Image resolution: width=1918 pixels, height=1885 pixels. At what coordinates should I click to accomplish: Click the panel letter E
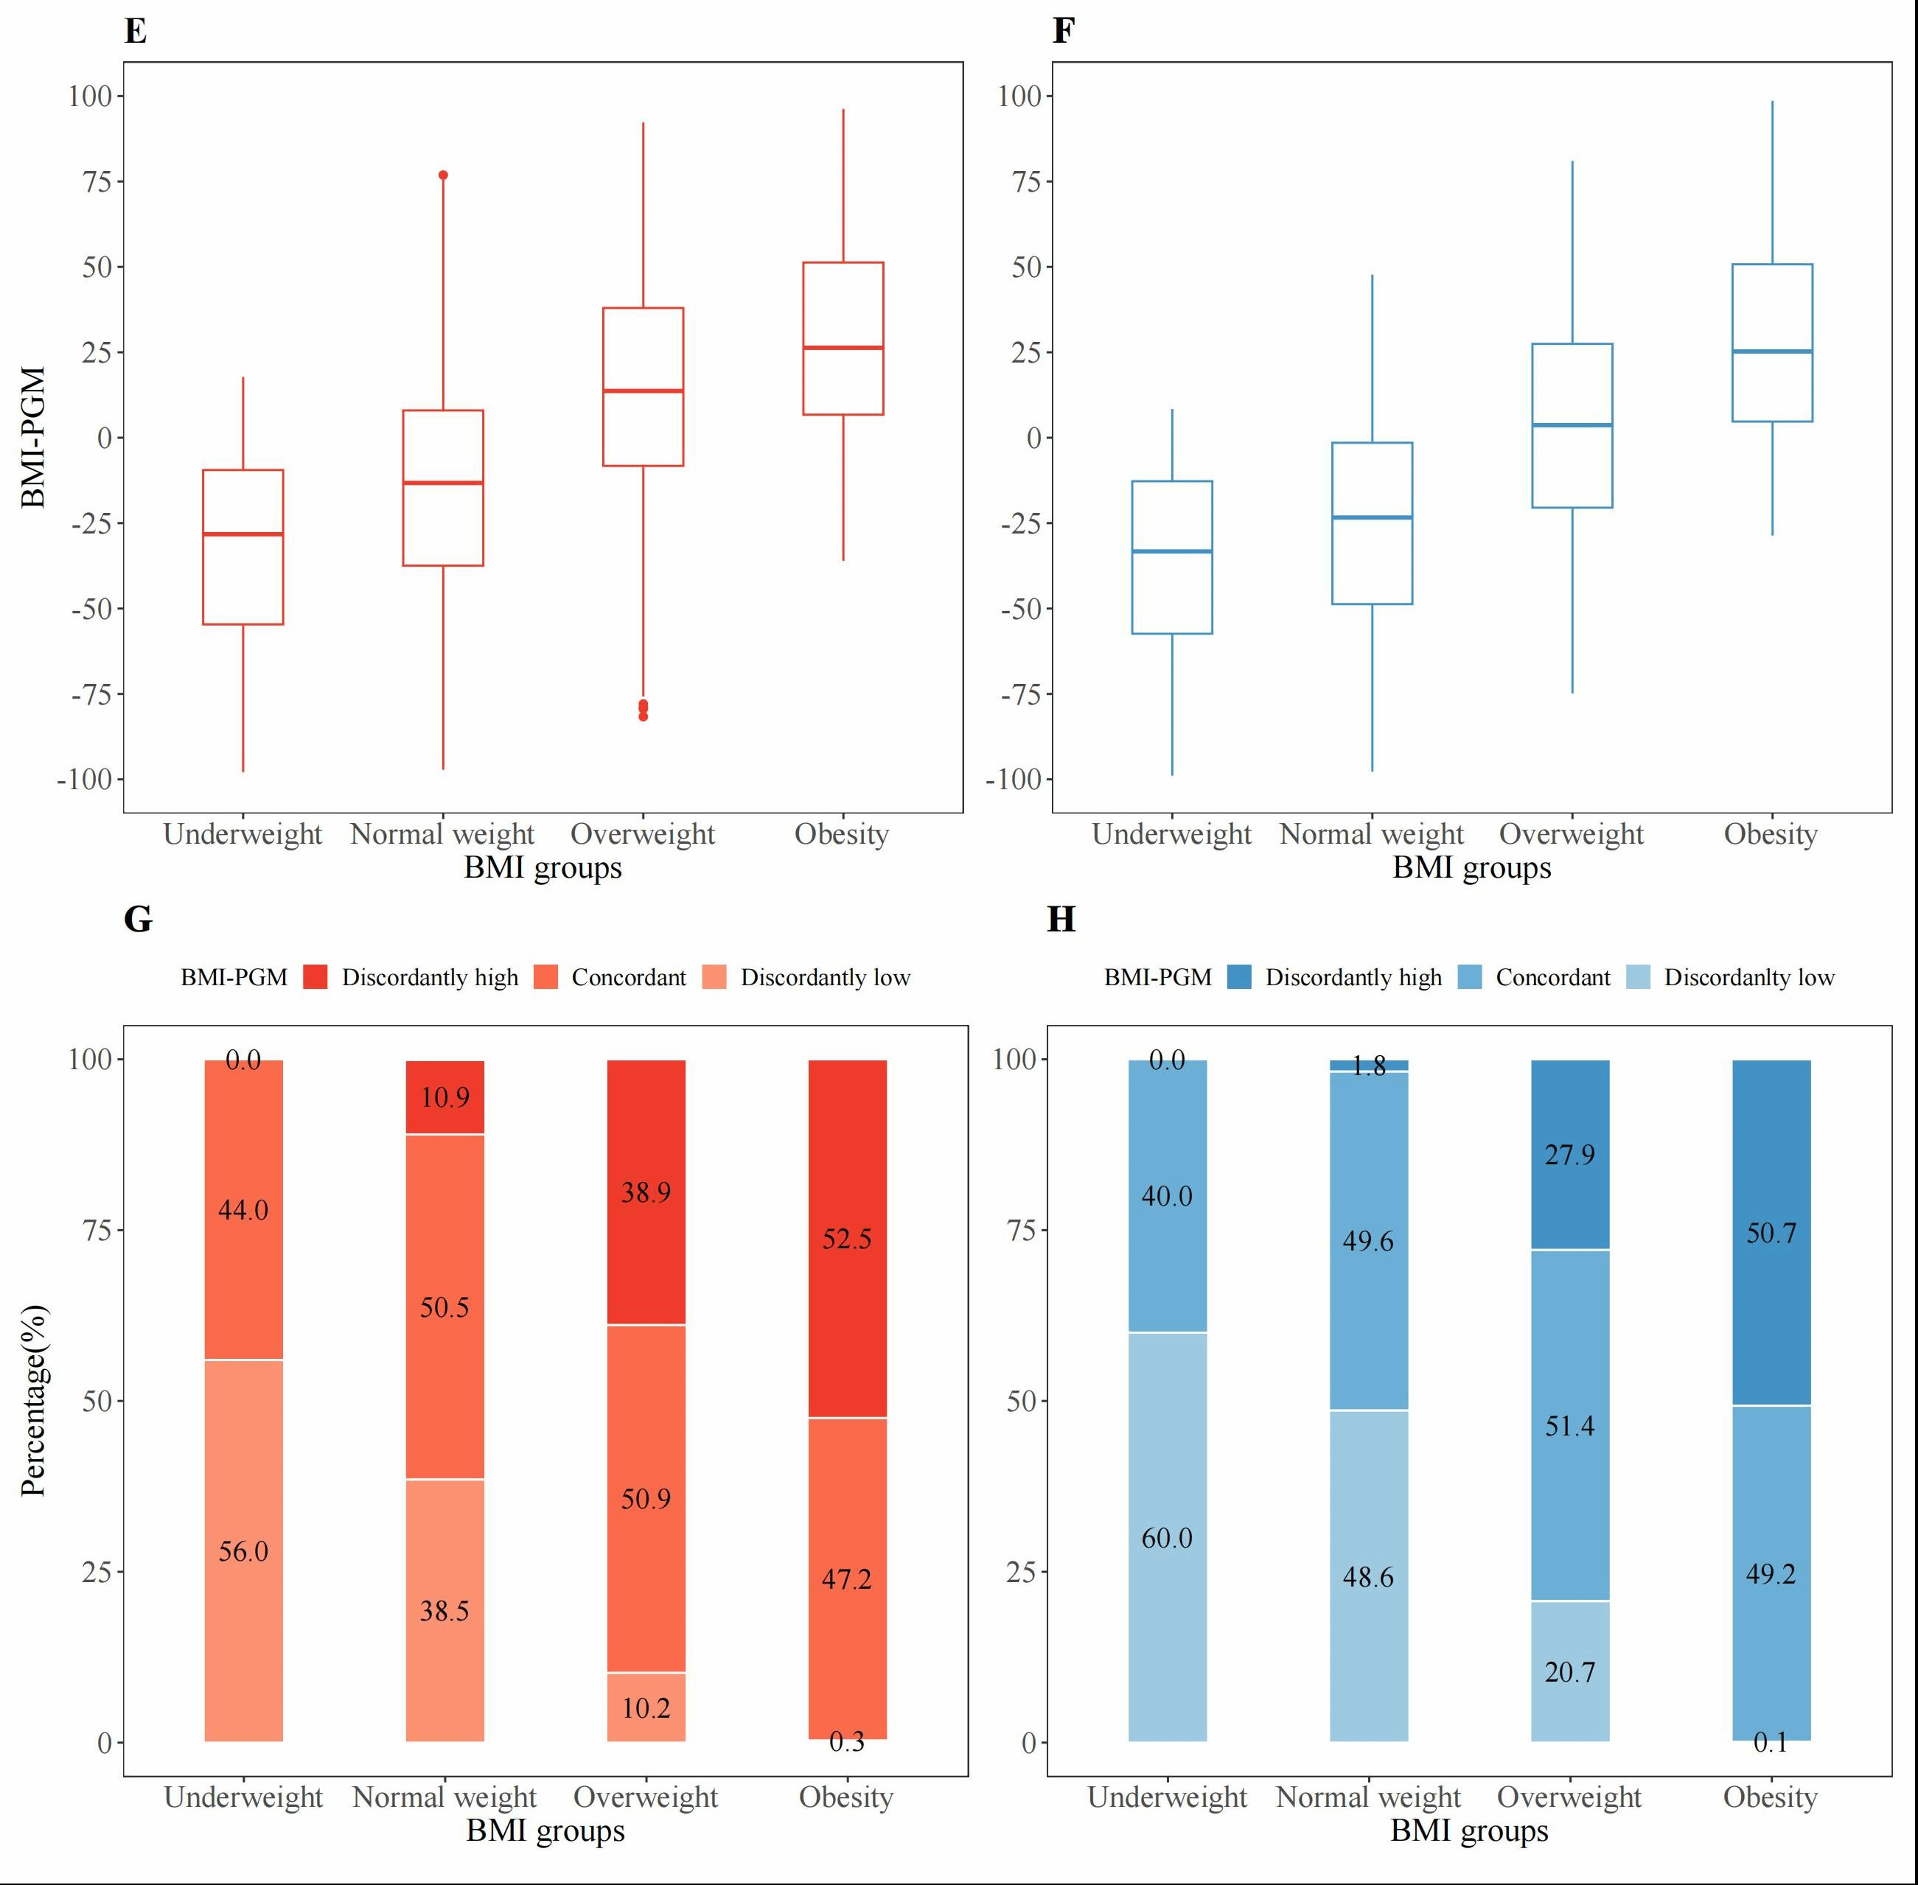coord(136,32)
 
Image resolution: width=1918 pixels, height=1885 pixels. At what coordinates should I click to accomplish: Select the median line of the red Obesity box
coord(843,348)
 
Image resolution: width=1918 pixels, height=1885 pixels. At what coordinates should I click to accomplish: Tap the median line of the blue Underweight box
coord(1171,551)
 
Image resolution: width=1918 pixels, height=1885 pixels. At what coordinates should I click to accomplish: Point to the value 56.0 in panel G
coord(243,1551)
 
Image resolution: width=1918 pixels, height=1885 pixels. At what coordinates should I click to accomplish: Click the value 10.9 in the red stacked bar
coord(444,1097)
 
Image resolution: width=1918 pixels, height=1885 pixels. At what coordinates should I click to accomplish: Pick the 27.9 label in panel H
coord(1569,1155)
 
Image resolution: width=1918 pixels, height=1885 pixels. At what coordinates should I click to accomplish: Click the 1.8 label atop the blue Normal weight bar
coord(1368,1066)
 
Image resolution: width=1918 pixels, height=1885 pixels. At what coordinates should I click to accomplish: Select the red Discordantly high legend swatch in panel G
coord(315,977)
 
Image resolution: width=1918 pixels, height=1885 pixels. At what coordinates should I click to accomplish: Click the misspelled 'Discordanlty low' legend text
coord(1748,977)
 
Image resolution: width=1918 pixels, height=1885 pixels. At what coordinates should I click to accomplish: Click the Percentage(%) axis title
coord(34,1400)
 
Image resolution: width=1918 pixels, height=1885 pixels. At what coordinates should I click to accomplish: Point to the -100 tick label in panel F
coord(1013,779)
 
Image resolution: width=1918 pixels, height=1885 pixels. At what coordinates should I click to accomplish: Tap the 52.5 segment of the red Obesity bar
coord(847,1239)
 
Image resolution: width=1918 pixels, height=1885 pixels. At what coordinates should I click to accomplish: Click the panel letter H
coord(1061,920)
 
